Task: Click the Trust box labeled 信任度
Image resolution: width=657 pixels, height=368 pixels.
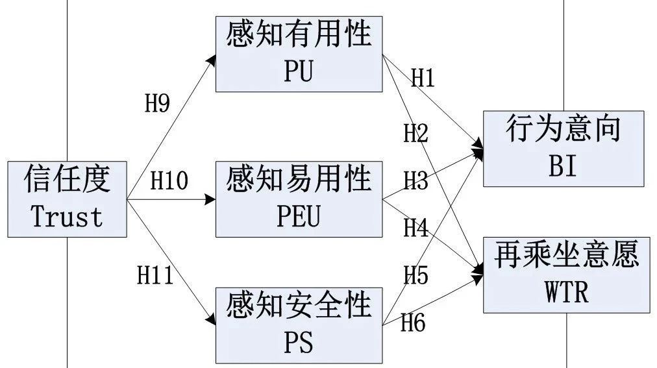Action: (x=67, y=199)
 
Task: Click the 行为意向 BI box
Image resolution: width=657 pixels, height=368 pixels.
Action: (x=563, y=149)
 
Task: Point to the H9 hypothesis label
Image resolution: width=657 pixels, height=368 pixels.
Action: (x=156, y=104)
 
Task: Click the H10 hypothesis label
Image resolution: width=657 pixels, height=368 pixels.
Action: (x=169, y=181)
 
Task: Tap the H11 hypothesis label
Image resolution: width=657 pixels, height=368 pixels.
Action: (x=155, y=276)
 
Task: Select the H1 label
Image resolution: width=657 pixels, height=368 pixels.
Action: (x=422, y=79)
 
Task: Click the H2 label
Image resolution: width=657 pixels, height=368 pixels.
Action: (x=416, y=134)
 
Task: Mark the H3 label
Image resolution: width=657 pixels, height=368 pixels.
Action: (x=416, y=181)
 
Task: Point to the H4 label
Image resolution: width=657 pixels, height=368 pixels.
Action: (x=416, y=228)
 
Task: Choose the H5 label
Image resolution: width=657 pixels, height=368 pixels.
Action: (x=416, y=276)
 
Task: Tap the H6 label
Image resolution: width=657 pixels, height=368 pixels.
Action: (x=413, y=322)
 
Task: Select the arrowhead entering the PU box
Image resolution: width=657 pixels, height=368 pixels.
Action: (x=212, y=59)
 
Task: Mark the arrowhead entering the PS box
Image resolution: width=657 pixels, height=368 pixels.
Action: (x=211, y=320)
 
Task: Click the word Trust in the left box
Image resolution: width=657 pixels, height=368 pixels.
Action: (x=67, y=217)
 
